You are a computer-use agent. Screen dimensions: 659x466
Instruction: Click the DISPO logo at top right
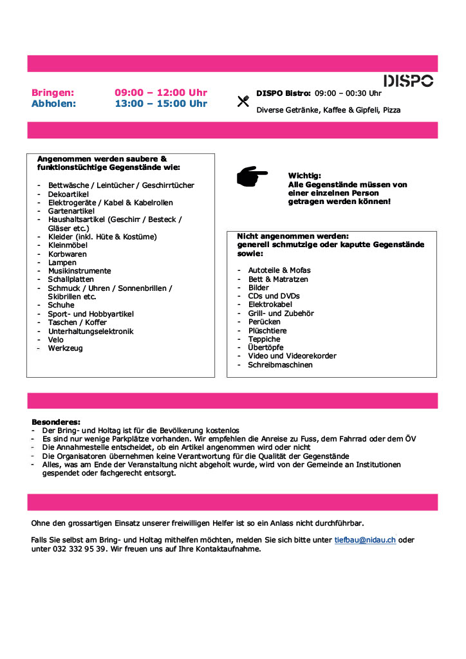409,80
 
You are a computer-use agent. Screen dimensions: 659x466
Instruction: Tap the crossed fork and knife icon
243,101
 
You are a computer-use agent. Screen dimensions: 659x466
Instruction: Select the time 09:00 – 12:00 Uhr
161,93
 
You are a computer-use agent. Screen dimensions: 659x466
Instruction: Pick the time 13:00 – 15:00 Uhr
161,103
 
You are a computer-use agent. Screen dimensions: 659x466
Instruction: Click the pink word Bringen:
53,93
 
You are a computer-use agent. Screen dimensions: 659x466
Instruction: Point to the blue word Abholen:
53,103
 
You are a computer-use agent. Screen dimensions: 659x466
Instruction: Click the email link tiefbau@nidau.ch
365,540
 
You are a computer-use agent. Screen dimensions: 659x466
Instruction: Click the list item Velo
56,339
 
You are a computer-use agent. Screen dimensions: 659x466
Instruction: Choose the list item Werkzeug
65,348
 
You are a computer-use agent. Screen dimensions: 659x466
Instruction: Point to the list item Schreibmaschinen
280,364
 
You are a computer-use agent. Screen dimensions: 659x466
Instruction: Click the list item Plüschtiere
267,330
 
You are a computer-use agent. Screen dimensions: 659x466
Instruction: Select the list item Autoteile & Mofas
279,271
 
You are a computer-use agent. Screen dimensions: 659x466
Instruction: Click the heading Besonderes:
56,422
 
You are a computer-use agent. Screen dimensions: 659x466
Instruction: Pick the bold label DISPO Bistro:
283,93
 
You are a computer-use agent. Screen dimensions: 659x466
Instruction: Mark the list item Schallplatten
71,279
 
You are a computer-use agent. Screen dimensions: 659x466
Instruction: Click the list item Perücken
264,322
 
